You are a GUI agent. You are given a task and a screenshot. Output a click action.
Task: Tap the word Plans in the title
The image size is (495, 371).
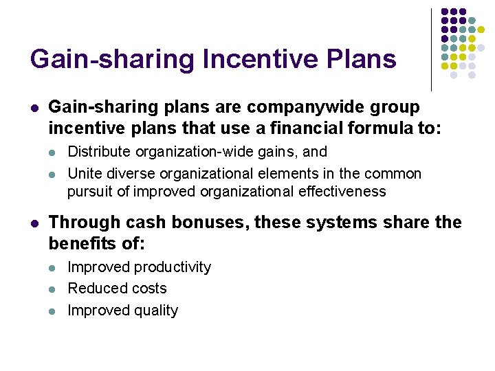[364, 59]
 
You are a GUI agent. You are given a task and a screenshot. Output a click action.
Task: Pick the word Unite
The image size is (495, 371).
[85, 174]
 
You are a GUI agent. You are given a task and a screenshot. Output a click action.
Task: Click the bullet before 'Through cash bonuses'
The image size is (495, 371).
[34, 223]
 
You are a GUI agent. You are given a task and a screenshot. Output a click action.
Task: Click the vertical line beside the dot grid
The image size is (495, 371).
[432, 49]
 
